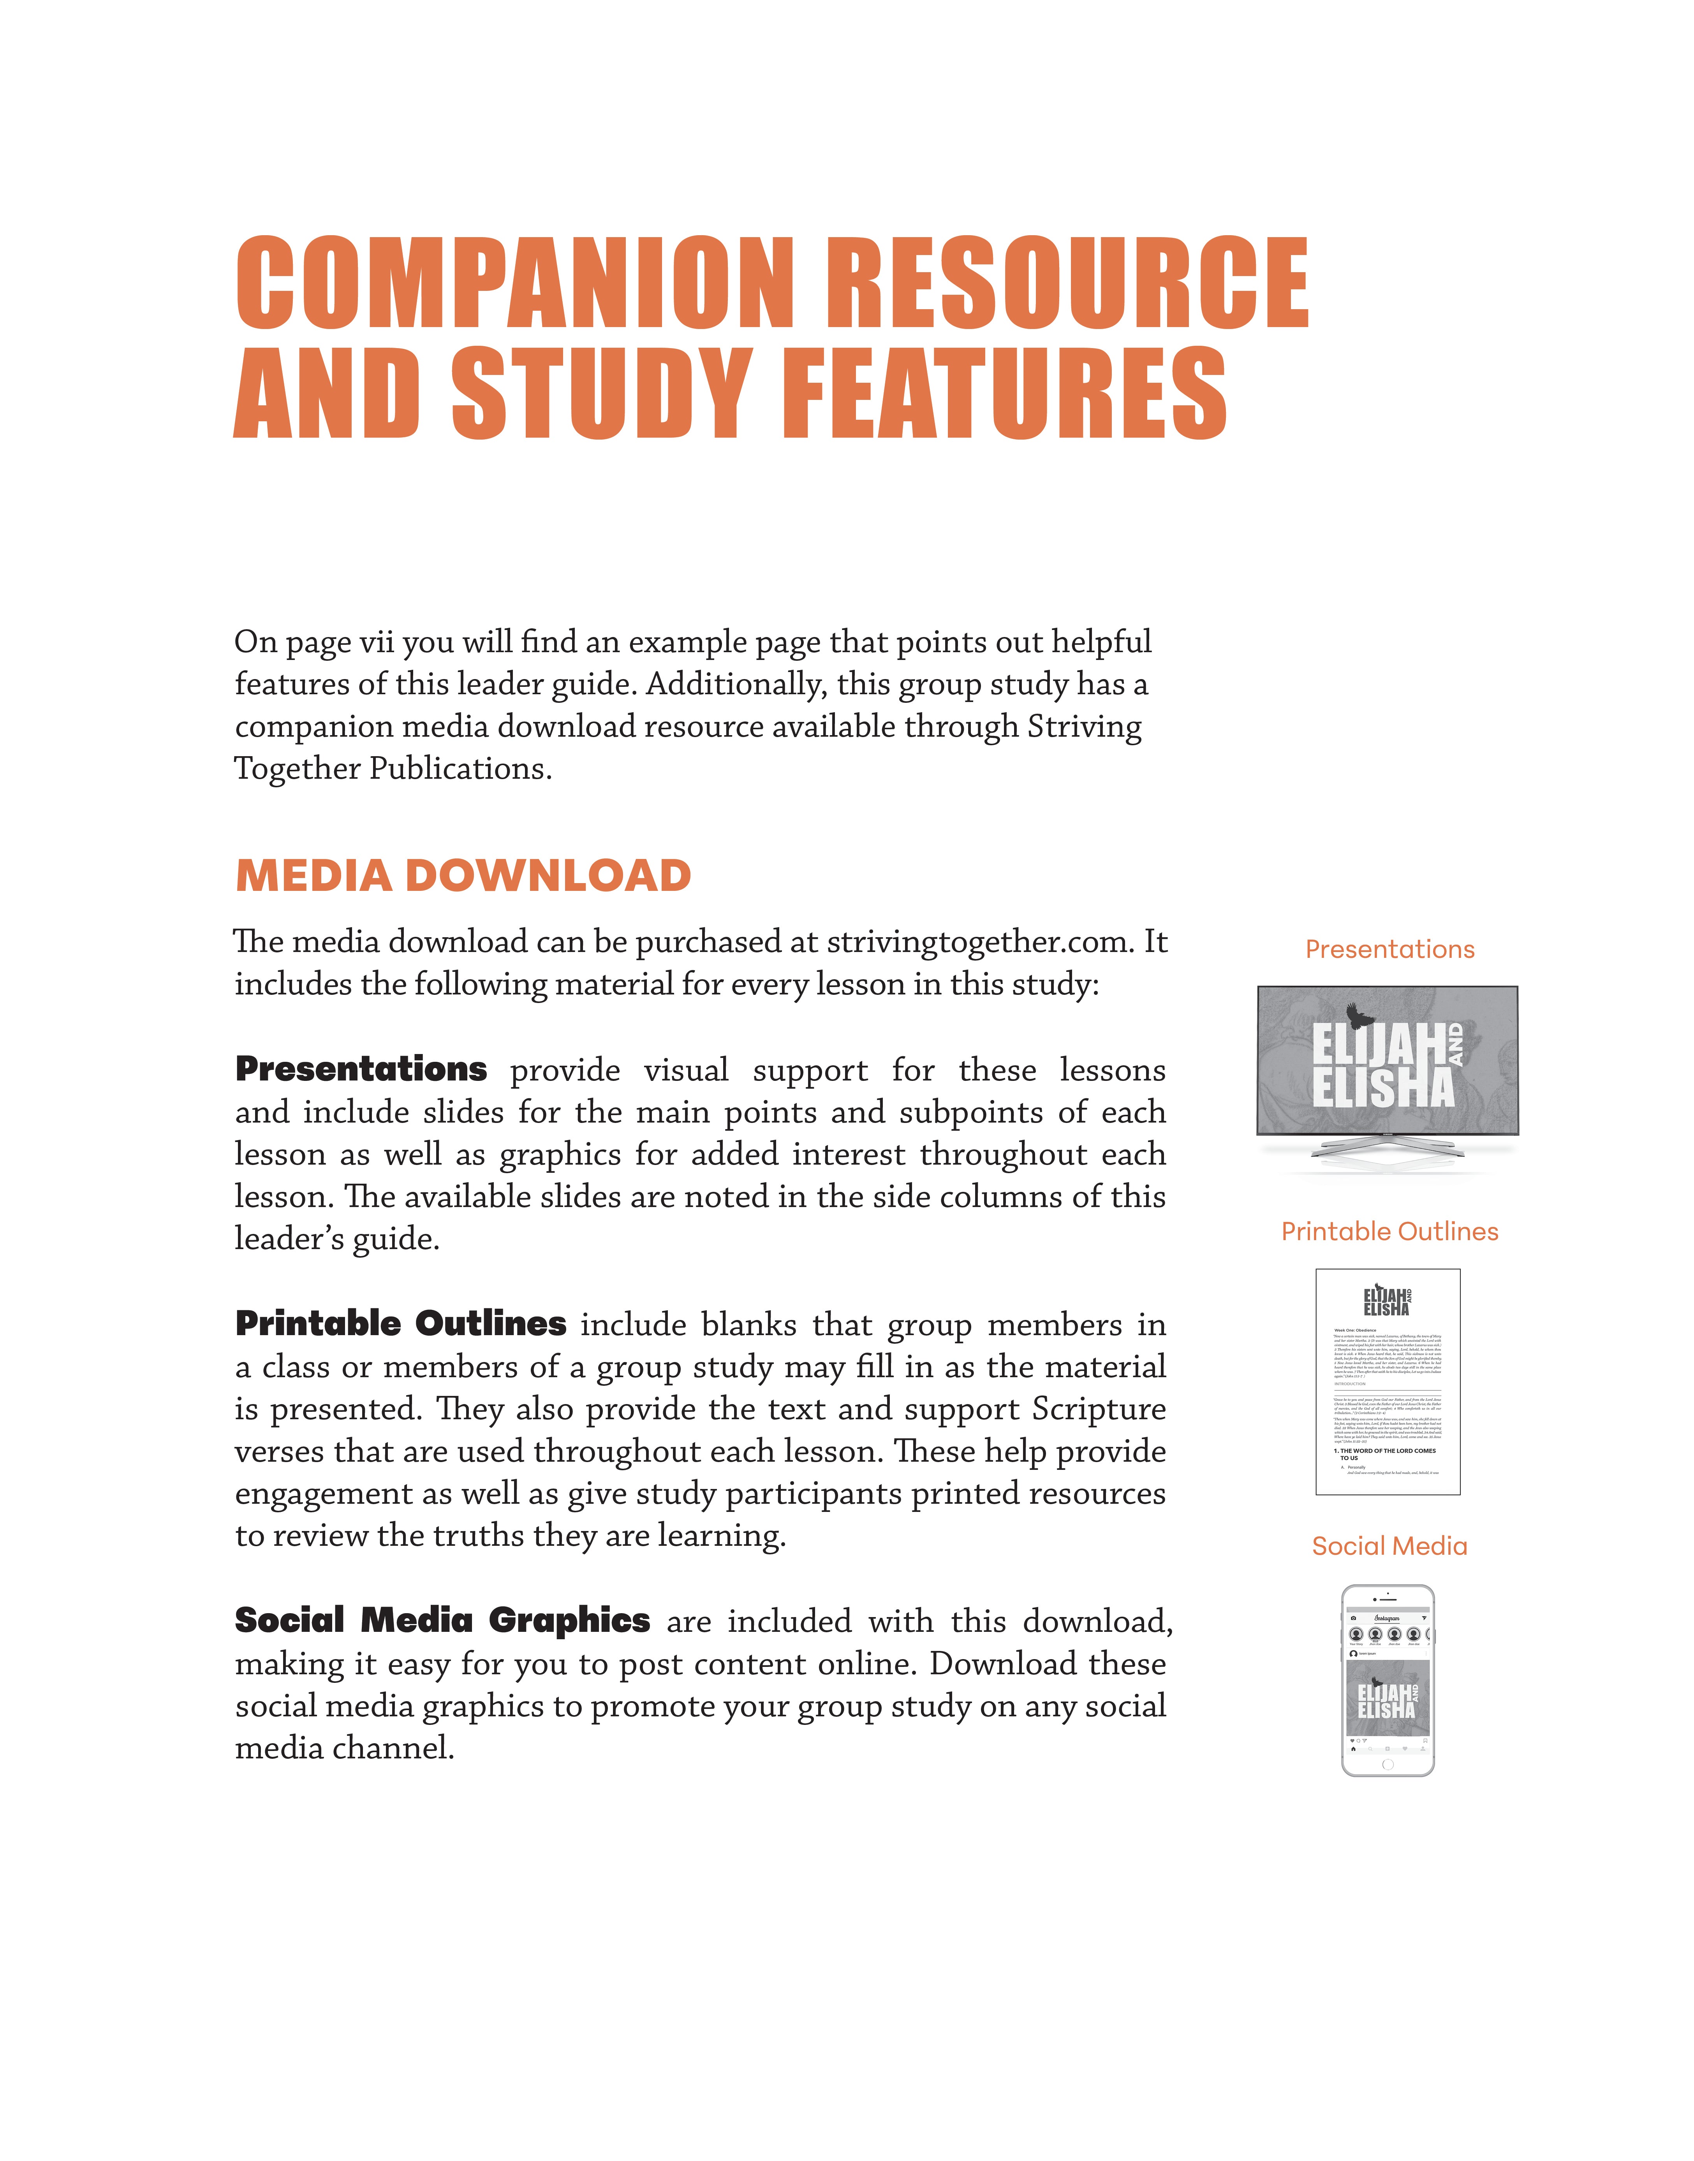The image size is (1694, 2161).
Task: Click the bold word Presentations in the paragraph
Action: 361,1069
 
